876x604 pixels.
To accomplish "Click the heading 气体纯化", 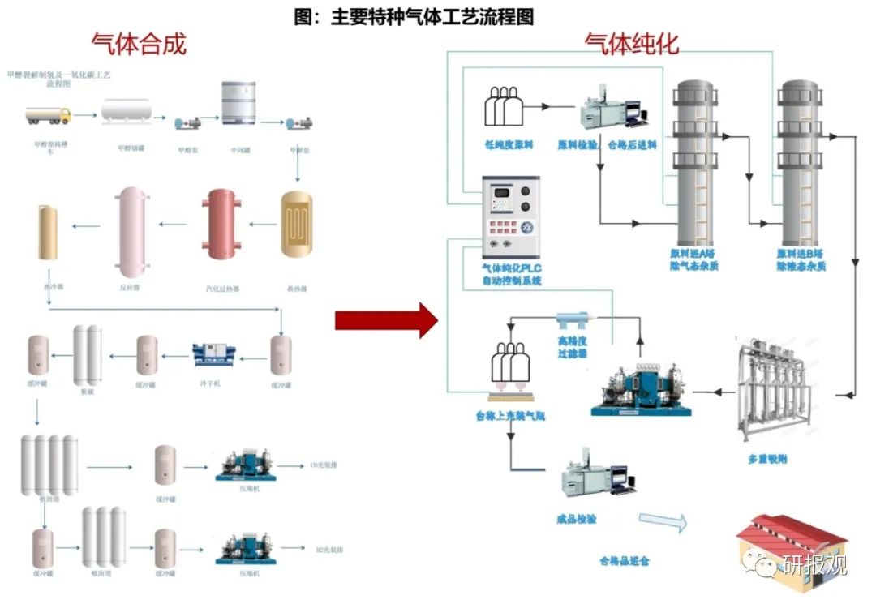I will click(x=632, y=43).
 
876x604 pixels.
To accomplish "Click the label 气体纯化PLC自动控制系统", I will click(x=511, y=273).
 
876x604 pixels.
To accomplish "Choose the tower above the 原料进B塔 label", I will click(x=799, y=162).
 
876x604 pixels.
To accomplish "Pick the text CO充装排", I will click(x=324, y=466).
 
